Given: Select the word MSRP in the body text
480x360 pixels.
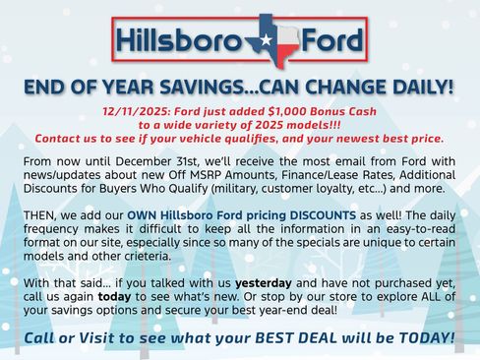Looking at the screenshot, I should (224, 173).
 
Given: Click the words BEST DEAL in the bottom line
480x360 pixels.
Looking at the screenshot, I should (311, 338).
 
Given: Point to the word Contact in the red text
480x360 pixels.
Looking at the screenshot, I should (62, 139).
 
